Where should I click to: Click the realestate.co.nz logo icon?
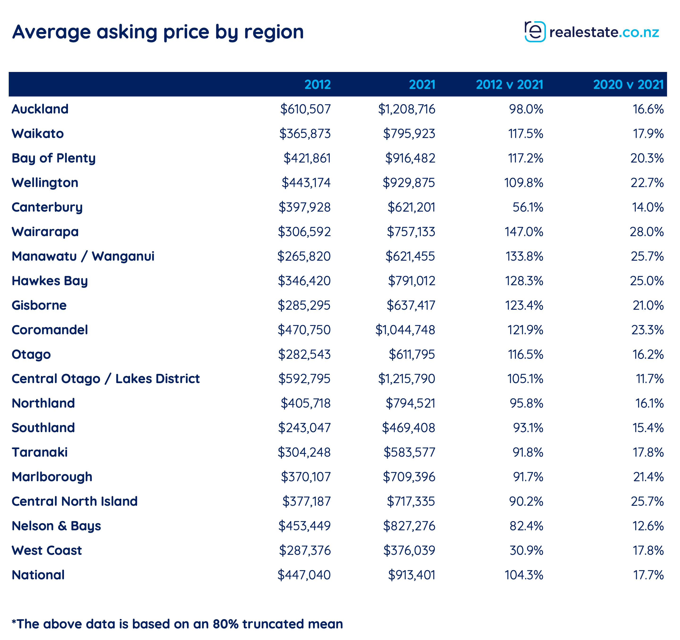[x=535, y=32]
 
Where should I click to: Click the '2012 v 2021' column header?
[x=509, y=84]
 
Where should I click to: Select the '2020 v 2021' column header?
[x=628, y=84]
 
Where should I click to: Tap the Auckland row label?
[x=40, y=109]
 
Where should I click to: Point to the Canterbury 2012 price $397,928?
[x=304, y=207]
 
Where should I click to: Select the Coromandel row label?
[x=50, y=330]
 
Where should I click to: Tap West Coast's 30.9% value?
[x=526, y=550]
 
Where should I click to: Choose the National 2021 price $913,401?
[x=411, y=575]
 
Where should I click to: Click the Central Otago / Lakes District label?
[x=106, y=379]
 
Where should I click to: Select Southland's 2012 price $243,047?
[x=304, y=428]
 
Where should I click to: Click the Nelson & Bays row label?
[x=56, y=526]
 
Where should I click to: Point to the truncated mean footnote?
[x=177, y=624]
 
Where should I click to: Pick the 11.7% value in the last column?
[x=650, y=379]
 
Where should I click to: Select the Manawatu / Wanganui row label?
[x=83, y=256]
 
